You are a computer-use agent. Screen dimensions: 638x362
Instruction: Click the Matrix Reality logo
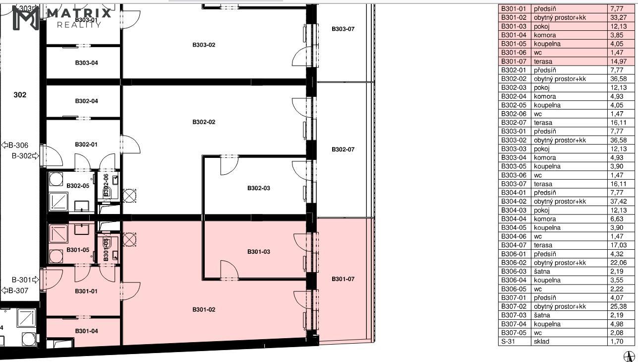point(62,18)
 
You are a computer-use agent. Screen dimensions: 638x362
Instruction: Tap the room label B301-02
point(204,309)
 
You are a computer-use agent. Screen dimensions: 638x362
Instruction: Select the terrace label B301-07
point(343,279)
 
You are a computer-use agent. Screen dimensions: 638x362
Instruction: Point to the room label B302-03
point(259,188)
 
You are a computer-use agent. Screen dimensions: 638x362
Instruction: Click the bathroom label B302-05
point(78,186)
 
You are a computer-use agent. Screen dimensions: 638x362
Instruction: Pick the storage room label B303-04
point(86,63)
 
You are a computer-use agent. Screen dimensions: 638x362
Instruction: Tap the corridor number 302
point(20,95)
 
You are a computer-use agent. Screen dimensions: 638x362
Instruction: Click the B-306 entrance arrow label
point(15,145)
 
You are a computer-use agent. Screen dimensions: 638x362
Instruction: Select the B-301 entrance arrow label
point(25,280)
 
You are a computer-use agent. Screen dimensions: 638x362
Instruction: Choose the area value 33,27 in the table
point(618,18)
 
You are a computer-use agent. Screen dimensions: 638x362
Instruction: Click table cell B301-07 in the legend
point(514,62)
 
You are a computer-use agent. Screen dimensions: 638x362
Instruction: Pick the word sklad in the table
point(541,342)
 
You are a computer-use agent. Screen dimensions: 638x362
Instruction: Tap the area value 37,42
point(618,202)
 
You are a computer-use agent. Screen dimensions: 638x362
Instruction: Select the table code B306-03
point(514,272)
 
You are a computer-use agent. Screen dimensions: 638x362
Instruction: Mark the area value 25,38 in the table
point(618,307)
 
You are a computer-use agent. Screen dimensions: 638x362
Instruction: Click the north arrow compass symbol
point(630,357)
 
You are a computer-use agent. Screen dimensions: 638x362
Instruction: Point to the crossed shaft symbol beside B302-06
point(129,196)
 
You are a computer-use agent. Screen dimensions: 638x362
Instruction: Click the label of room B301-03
point(259,252)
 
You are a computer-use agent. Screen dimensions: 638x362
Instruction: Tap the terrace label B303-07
point(343,29)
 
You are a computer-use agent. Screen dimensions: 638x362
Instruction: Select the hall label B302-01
point(86,145)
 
